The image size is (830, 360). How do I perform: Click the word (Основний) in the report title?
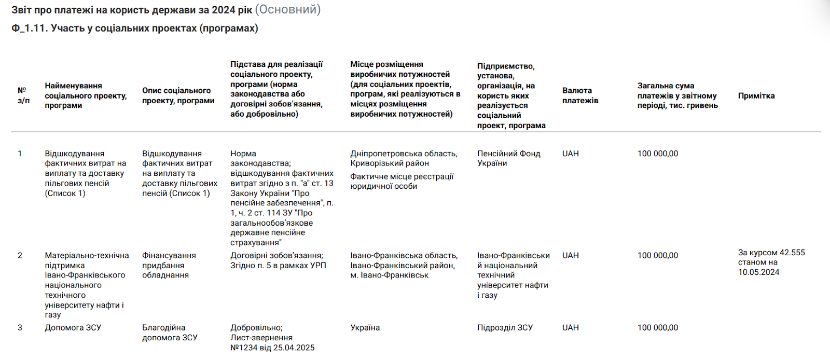288,10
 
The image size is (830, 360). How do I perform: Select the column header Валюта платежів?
580,95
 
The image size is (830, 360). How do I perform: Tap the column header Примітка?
756,95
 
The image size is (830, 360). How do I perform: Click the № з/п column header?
23,95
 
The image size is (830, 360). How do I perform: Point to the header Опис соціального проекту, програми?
178,95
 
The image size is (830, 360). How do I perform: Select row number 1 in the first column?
20,154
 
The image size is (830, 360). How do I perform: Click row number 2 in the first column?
20,255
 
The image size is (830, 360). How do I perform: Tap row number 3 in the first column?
20,327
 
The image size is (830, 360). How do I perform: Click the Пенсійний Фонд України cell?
508,158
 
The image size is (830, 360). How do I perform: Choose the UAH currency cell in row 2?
570,255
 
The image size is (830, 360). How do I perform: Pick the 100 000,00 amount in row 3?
657,327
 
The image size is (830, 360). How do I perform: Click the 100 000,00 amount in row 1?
657,154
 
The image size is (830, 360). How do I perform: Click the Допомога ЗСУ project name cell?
73,327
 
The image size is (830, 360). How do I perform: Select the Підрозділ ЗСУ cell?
505,327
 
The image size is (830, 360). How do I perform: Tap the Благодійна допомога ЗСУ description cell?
170,333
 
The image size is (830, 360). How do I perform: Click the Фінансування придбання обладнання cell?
169,265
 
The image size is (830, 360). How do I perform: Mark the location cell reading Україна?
365,327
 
